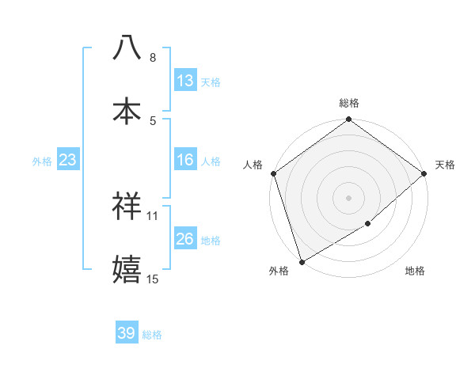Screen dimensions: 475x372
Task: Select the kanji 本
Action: [127, 109]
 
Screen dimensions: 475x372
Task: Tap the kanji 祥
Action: [127, 205]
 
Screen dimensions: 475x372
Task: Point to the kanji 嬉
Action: [127, 268]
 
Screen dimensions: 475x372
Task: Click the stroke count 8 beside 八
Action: [153, 58]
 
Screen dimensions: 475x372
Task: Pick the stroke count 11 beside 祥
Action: [153, 215]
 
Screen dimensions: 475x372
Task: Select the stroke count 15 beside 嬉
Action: [153, 279]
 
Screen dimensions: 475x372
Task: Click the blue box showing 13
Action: [185, 81]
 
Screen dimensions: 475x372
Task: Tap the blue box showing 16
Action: [185, 160]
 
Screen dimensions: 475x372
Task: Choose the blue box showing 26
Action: [185, 239]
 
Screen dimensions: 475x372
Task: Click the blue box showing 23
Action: [68, 160]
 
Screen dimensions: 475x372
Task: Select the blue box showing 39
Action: [127, 333]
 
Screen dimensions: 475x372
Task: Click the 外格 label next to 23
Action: [42, 161]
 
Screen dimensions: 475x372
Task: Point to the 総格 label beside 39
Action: [153, 335]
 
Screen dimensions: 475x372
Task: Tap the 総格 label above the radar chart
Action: [349, 103]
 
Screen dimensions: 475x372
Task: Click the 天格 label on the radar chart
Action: [445, 165]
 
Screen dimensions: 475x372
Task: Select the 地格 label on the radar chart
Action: [415, 271]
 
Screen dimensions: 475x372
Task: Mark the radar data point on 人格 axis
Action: [273, 173]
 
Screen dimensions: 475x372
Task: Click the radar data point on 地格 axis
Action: [368, 224]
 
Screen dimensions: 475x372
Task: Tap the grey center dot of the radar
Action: [348, 198]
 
